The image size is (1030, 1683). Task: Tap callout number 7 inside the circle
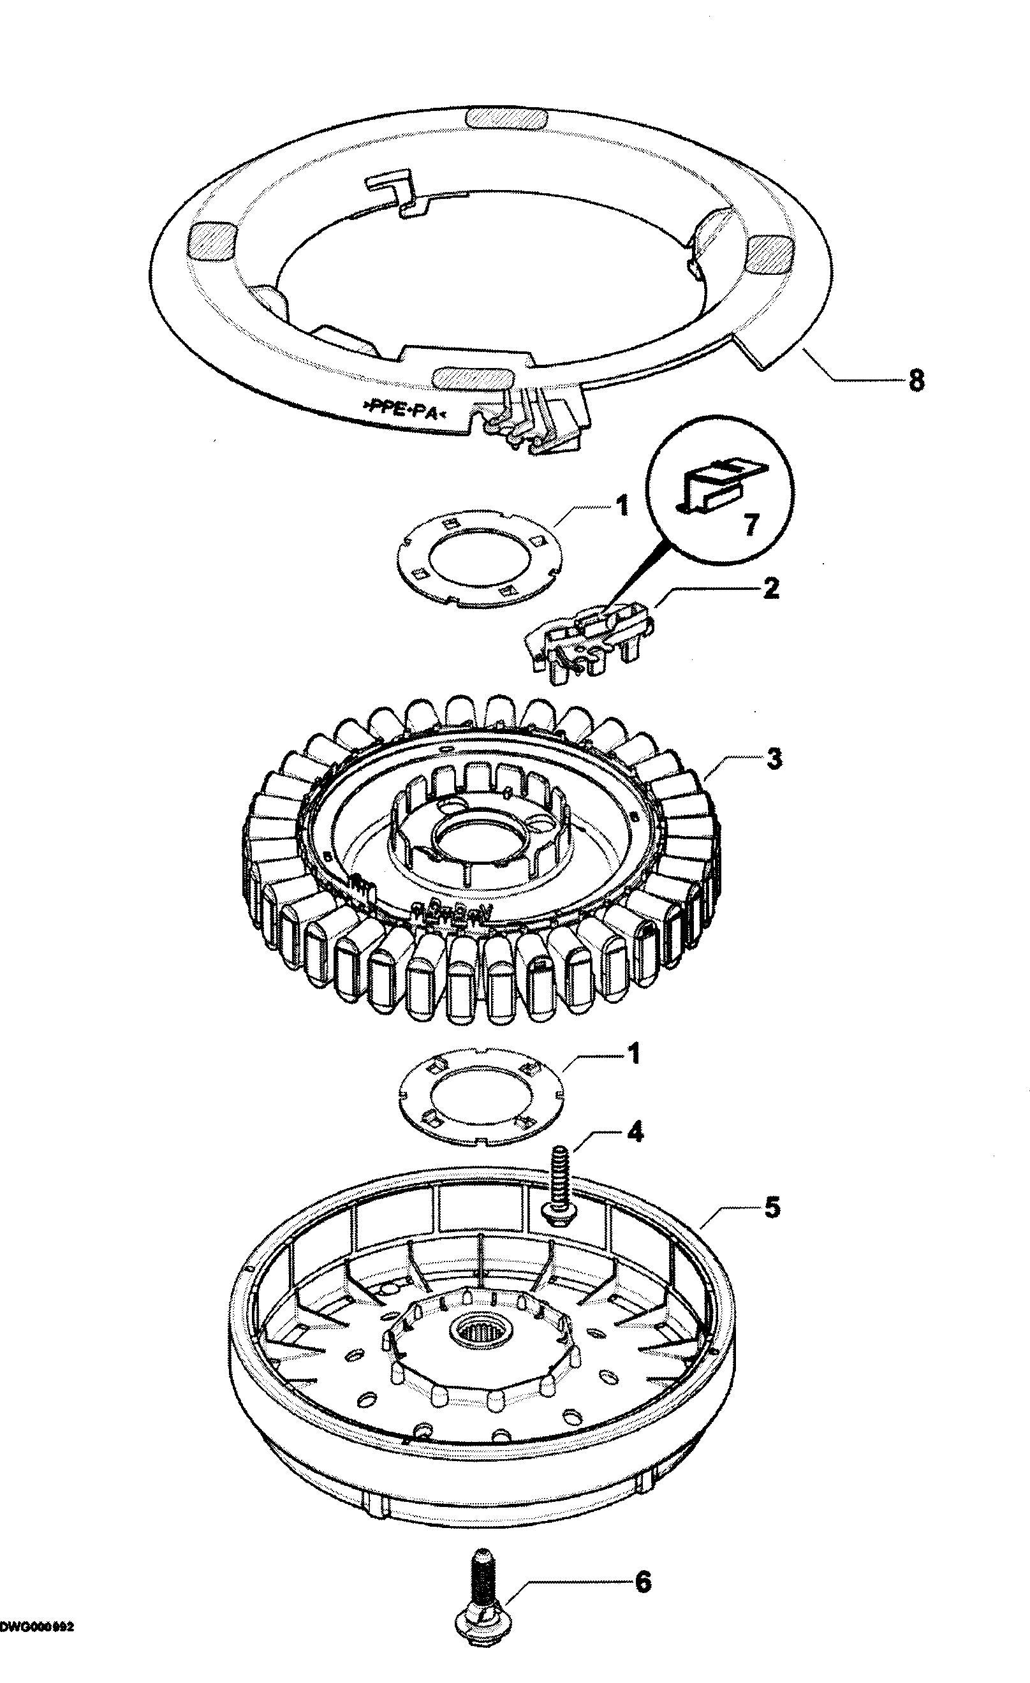(750, 525)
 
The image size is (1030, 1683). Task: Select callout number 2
(770, 588)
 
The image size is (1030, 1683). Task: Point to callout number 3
(773, 758)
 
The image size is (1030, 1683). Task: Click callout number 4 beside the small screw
(635, 1133)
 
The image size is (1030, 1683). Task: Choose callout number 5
(771, 1208)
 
